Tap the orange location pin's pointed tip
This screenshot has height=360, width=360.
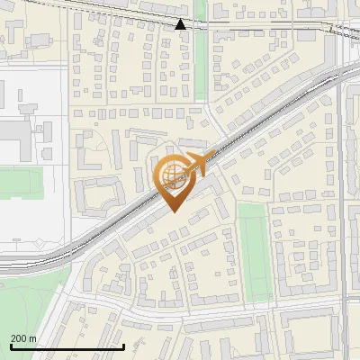[x=174, y=211]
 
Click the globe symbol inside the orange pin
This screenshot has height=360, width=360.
[x=173, y=173]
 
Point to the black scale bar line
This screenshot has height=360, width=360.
[x=67, y=346]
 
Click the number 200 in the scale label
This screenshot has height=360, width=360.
[x=19, y=338]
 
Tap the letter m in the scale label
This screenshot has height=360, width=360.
[x=33, y=338]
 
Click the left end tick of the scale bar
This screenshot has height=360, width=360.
[x=11, y=345]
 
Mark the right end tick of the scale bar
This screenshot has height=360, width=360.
[x=123, y=345]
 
